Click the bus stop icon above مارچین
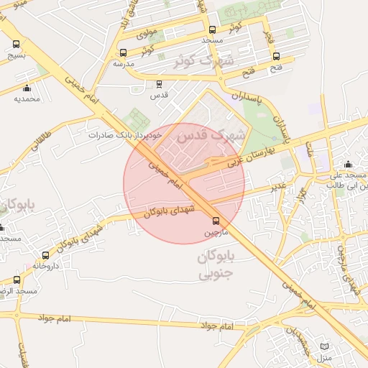[216, 221]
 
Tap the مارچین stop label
[216, 232]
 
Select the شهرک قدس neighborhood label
[211, 134]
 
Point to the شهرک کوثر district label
[204, 60]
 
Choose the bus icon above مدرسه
[124, 52]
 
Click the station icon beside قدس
[139, 83]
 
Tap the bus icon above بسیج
[17, 43]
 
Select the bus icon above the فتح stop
[277, 57]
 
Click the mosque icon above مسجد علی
[349, 163]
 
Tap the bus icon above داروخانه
[46, 255]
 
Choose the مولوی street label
[146, 33]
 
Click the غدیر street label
[277, 188]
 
